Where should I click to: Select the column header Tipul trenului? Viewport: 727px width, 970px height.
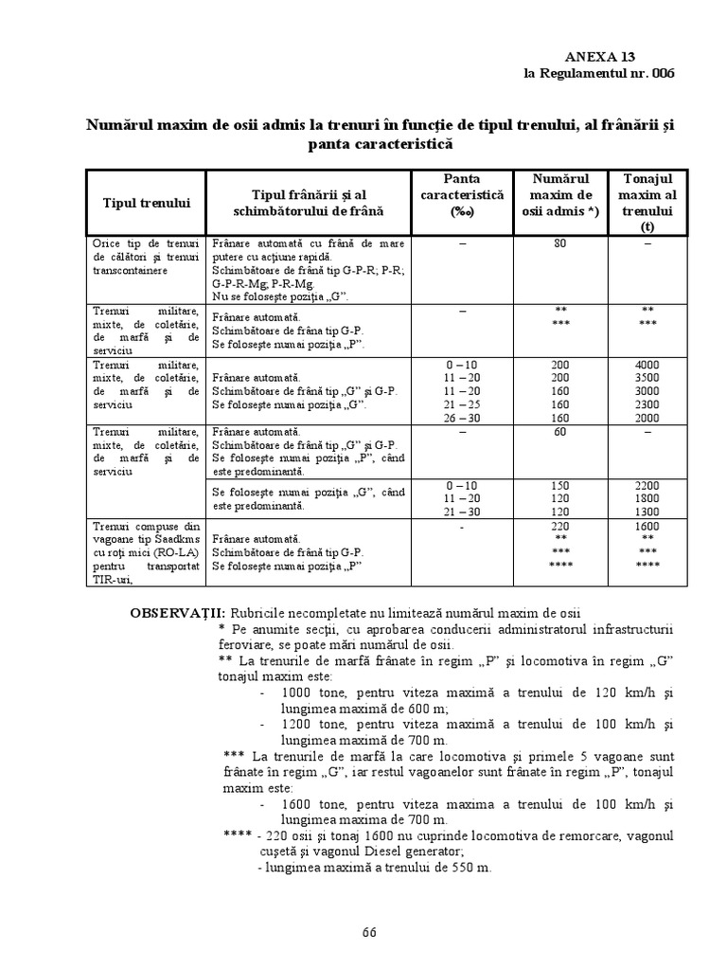[x=147, y=203]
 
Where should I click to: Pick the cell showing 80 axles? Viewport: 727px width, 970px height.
[x=559, y=243]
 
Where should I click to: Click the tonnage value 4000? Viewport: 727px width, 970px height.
[x=647, y=365]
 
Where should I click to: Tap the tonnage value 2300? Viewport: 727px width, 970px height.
[x=647, y=404]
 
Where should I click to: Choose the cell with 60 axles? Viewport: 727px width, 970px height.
[x=559, y=431]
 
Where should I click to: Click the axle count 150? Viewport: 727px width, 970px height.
[x=559, y=485]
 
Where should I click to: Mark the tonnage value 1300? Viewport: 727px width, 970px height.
[x=647, y=512]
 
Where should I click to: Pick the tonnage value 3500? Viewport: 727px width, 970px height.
[x=647, y=377]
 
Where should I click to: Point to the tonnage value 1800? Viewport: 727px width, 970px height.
[x=647, y=498]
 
